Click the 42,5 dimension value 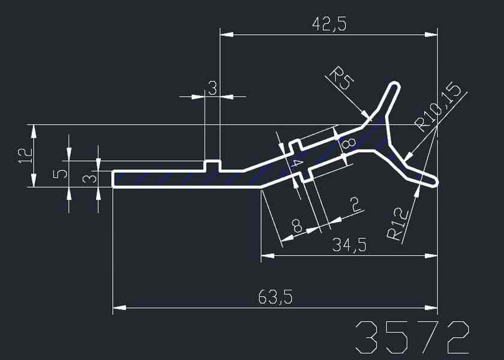329,24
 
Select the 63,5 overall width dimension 275,297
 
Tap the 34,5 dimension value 350,245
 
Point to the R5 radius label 340,79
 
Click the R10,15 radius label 440,108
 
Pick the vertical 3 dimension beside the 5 88,179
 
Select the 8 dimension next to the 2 296,226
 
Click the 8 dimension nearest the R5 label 347,144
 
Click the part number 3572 412,337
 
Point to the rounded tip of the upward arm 394,85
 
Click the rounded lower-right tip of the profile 433,180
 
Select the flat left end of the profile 113,179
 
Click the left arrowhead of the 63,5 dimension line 118,308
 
